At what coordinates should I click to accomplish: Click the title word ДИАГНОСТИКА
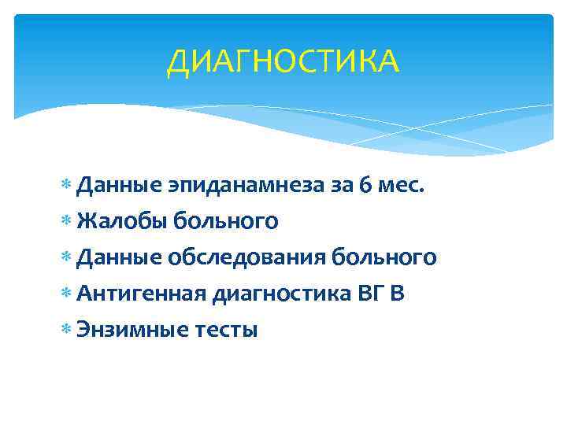pos(283,61)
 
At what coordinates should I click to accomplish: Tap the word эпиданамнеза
pos(241,186)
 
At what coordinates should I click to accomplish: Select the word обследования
pos(247,258)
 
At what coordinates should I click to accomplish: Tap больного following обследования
pos(385,258)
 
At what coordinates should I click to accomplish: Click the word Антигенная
pos(142,294)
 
